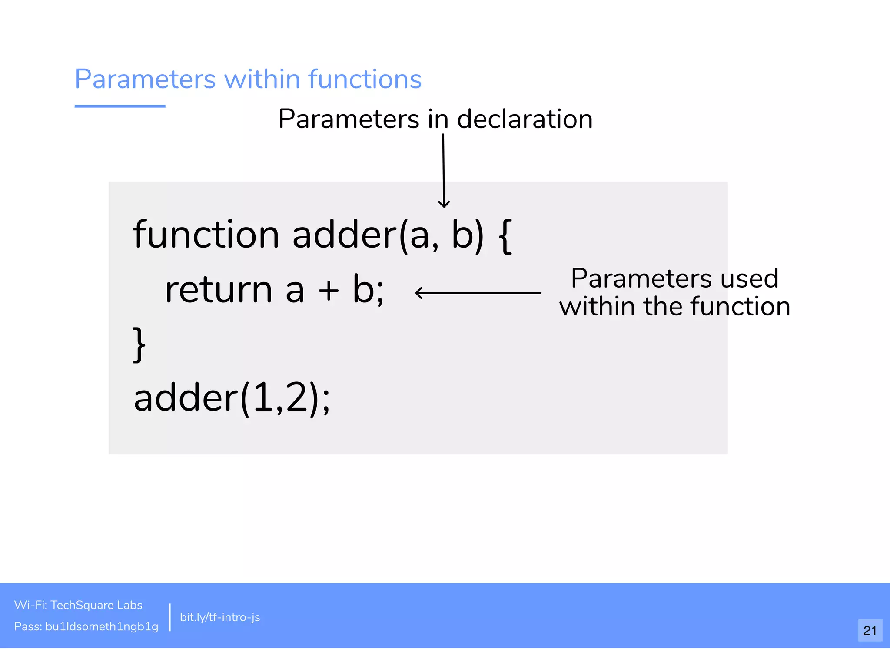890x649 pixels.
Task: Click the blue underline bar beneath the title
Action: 120,106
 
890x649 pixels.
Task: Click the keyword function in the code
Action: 206,235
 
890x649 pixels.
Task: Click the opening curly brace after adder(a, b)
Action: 505,236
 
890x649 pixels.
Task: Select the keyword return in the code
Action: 219,290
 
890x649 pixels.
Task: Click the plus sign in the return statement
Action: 329,290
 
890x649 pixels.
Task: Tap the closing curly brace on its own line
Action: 139,344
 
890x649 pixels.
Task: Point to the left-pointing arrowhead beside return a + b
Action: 418,293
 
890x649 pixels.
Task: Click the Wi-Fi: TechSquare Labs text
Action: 78,605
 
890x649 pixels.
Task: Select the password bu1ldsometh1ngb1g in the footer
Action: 102,626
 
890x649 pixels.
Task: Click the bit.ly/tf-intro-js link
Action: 220,617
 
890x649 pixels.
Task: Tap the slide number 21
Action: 870,630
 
